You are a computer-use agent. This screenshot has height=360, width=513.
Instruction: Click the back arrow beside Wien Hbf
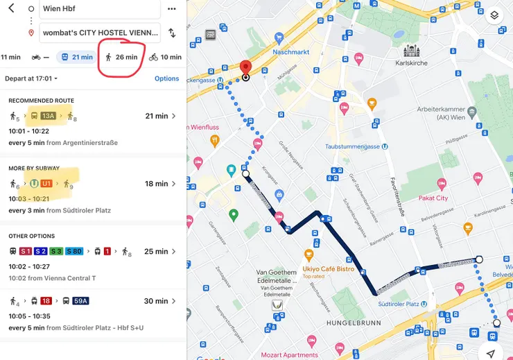pos(10,8)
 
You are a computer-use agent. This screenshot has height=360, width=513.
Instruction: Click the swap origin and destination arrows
pos(172,33)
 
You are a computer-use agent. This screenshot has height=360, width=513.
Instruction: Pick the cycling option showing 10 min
pos(164,57)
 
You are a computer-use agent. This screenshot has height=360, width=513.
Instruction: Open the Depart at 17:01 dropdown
pos(31,78)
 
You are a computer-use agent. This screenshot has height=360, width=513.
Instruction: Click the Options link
pos(167,78)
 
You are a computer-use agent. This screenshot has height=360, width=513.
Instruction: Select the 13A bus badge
pos(48,116)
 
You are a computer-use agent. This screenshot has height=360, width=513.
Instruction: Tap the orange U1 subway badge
pos(46,184)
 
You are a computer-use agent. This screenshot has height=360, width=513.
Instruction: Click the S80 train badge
pos(73,251)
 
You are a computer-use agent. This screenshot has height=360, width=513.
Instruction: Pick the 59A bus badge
pos(80,301)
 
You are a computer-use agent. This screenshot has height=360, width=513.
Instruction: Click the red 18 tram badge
pos(46,301)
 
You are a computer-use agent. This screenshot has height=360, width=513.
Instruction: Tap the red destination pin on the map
pos(245,69)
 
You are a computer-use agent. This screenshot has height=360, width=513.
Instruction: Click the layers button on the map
pos(494,15)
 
